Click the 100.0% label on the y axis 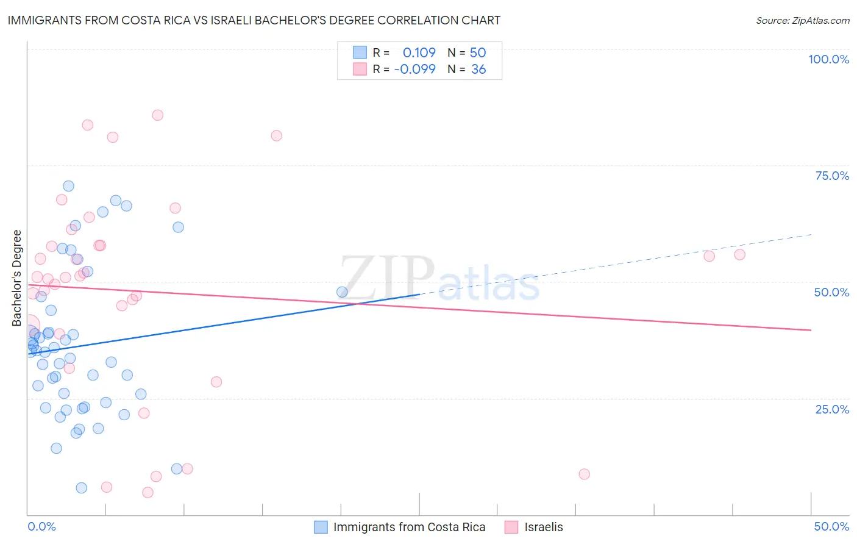pos(828,59)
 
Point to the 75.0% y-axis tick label pos(832,176)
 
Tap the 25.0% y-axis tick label pos(832,409)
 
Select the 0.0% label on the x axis pos(41,526)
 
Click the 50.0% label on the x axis pos(831,526)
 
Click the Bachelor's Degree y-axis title pos(17,278)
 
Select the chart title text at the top pos(254,20)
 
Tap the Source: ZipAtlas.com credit pos(802,20)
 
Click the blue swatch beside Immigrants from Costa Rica pos(321,527)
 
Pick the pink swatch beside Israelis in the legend pos(511,527)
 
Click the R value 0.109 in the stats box pos(419,52)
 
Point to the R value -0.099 pos(414,70)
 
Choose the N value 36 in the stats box pos(478,70)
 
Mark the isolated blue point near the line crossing pos(342,292)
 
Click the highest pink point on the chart pos(157,115)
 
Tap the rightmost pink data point pos(739,255)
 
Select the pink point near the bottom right pos(584,474)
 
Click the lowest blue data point pos(81,488)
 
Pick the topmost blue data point pos(68,186)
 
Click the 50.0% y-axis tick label pos(831,292)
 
